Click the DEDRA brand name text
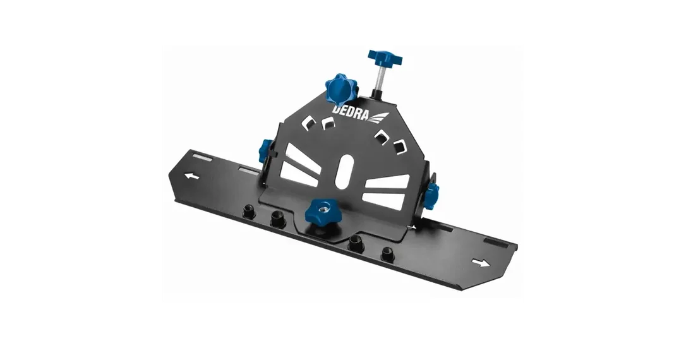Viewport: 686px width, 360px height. tap(351, 112)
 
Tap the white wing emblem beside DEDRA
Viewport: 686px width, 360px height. tap(379, 117)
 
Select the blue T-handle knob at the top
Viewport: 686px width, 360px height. tap(385, 58)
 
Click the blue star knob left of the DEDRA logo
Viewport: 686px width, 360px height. tap(341, 88)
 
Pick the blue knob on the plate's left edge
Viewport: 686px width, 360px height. tap(265, 151)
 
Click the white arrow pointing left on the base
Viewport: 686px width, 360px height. tap(191, 176)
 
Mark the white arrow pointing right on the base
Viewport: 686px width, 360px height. tap(481, 263)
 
